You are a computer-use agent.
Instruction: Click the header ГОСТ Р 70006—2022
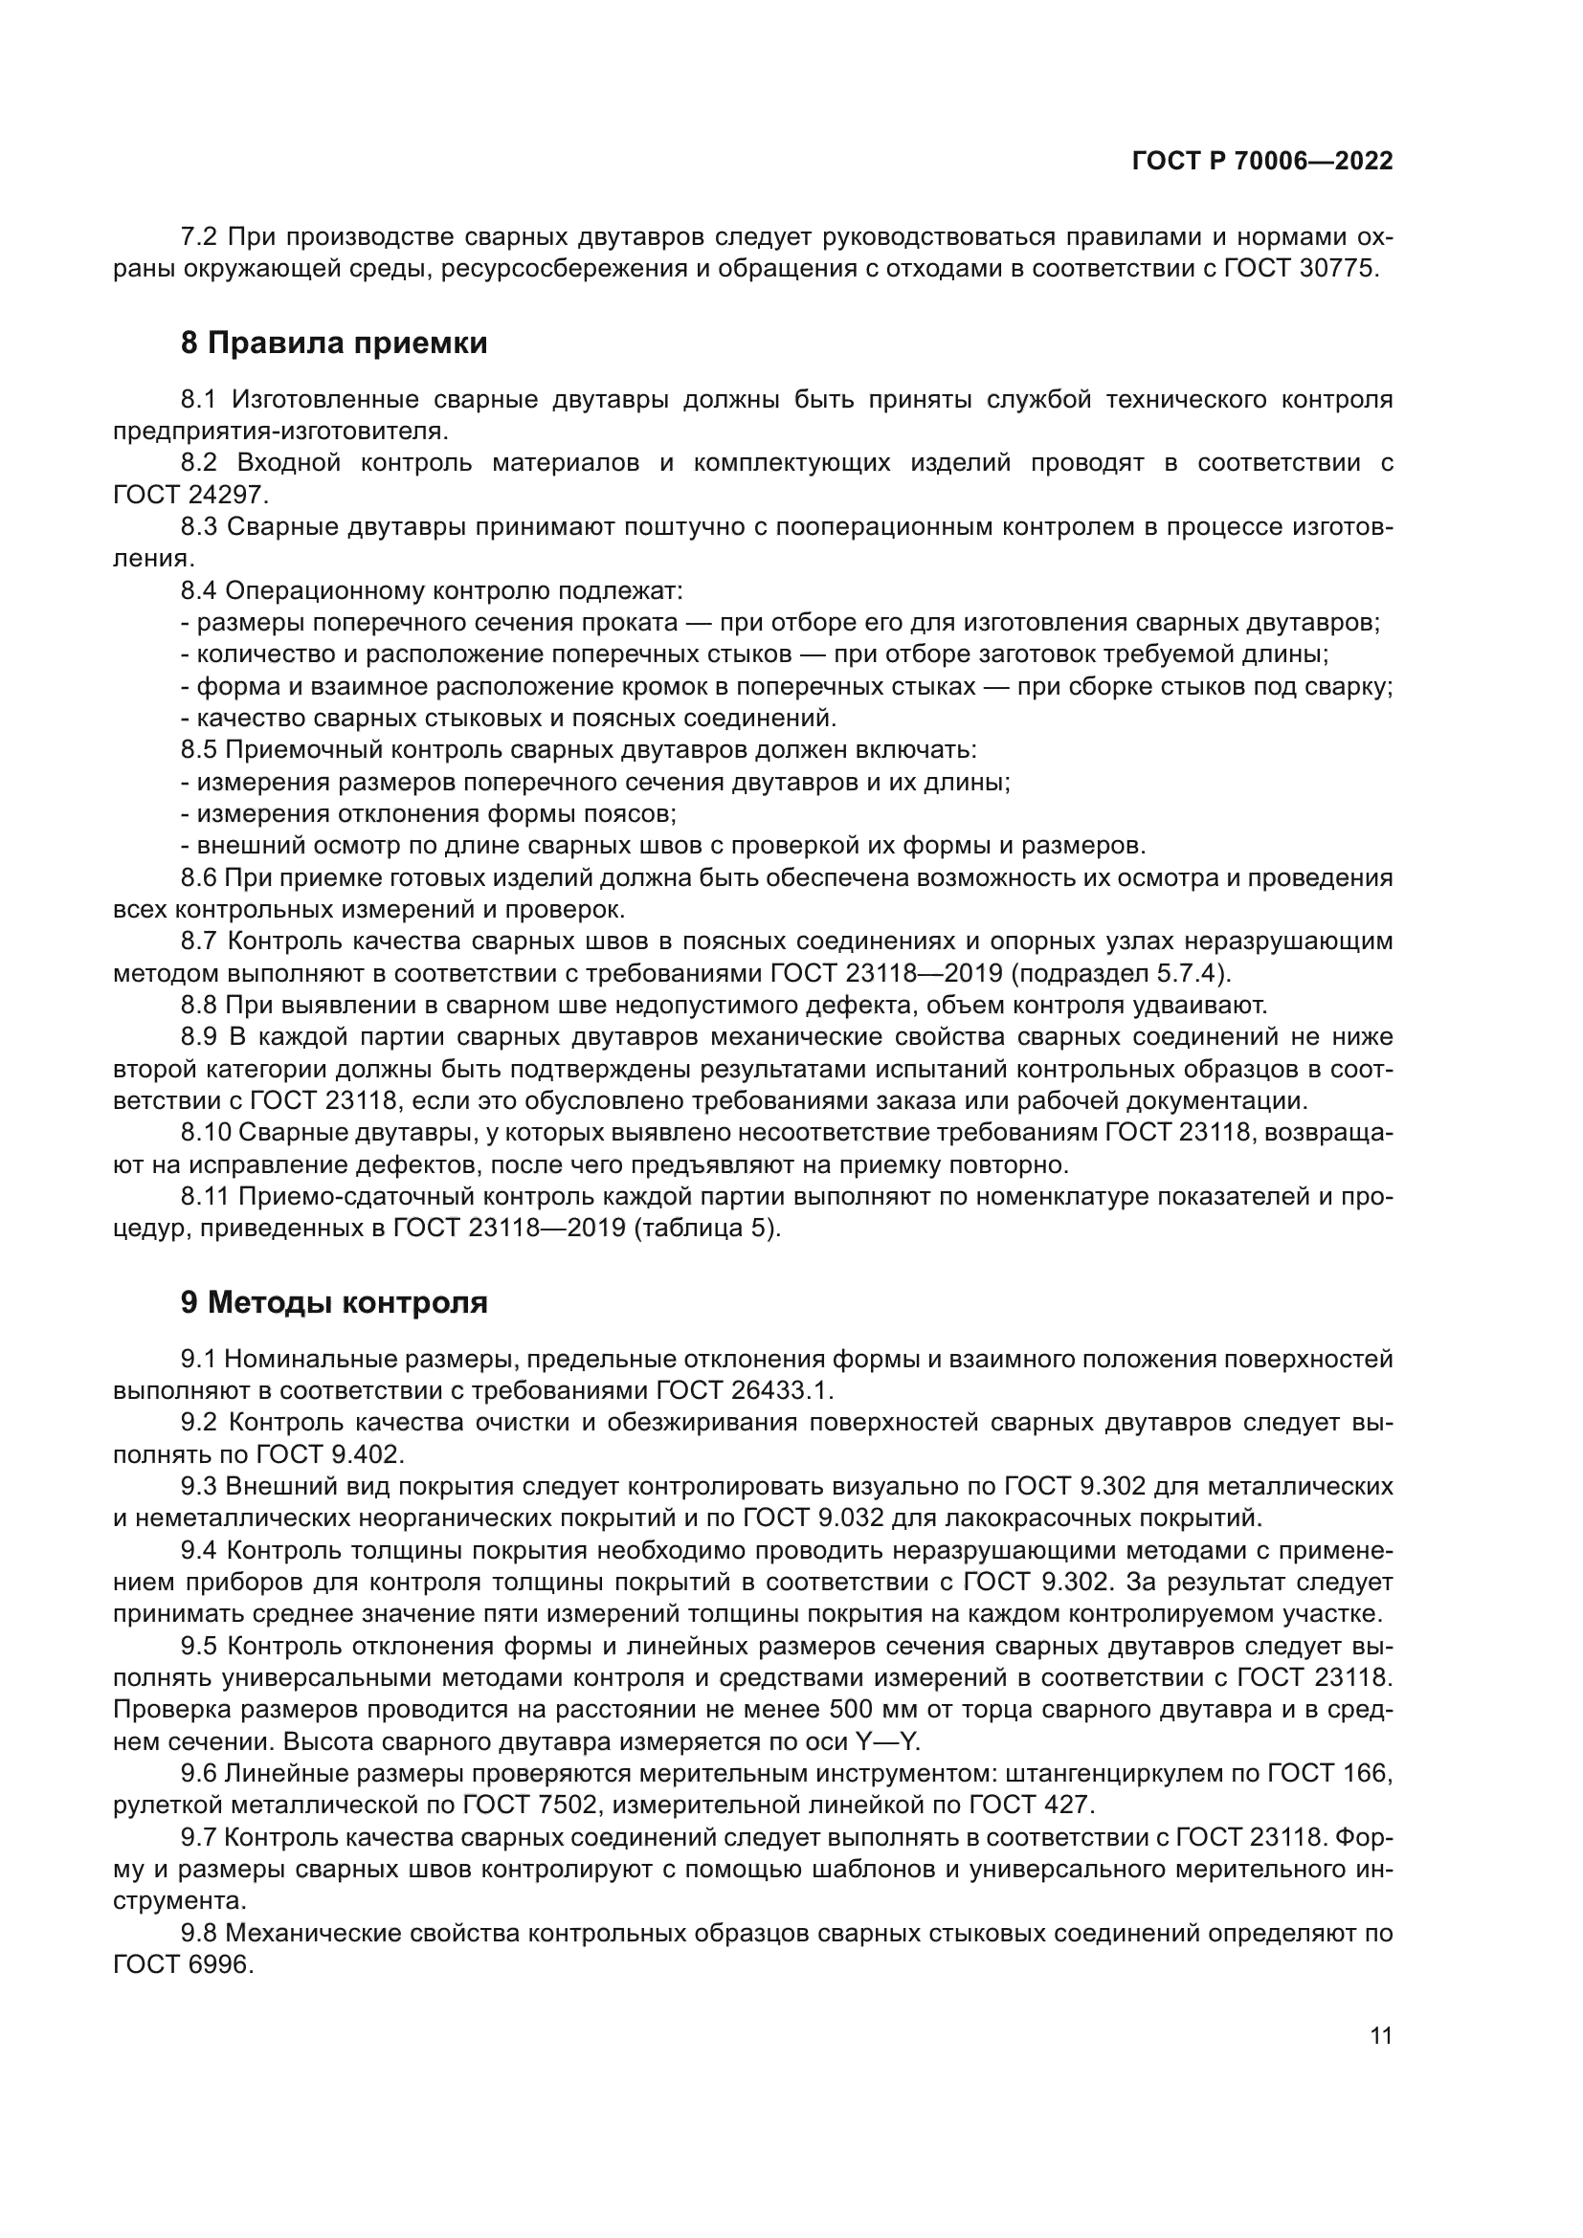coord(1262,162)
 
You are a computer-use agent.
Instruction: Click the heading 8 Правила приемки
coord(333,343)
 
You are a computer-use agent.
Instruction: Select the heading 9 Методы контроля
coord(333,1302)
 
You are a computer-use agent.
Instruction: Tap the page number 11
coord(1380,2035)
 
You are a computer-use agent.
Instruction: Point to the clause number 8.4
coord(199,590)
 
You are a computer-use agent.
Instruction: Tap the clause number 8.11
coord(205,1196)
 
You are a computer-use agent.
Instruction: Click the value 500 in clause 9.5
coord(855,1709)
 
